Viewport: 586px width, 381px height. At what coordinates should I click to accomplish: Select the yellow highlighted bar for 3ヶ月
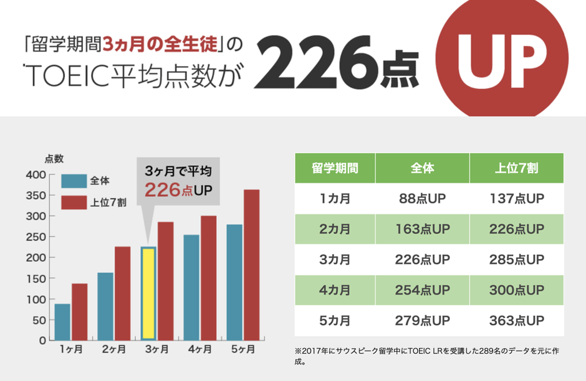[x=148, y=293]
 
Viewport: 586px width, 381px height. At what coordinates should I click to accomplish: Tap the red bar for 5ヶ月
[x=251, y=265]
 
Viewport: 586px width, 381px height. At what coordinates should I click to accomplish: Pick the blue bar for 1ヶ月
[x=62, y=322]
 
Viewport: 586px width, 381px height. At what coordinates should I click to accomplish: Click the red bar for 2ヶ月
[x=122, y=293]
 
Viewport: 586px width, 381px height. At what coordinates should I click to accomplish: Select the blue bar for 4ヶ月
[x=191, y=288]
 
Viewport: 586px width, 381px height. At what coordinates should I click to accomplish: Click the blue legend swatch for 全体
[x=74, y=181]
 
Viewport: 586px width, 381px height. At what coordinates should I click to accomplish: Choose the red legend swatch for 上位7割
[x=74, y=202]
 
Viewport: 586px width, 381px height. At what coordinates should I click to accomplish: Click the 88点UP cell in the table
[x=422, y=199]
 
